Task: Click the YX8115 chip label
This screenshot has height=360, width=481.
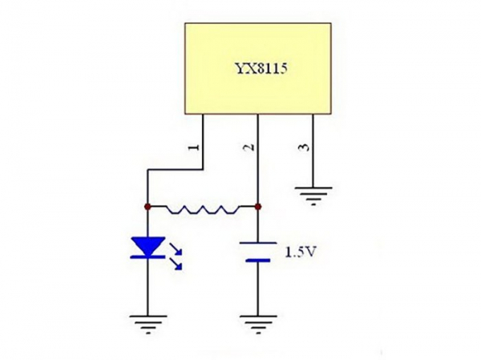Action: click(x=258, y=70)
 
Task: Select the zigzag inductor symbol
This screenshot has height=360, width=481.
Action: click(x=203, y=209)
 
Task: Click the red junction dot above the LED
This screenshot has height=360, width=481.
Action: click(x=148, y=207)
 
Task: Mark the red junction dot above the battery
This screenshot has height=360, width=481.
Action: click(x=258, y=207)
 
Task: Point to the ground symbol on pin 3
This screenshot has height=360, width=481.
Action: click(x=313, y=193)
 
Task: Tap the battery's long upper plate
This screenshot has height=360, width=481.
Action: click(x=258, y=243)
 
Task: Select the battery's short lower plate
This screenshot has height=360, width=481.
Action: click(x=258, y=260)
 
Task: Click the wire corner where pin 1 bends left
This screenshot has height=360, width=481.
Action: click(x=203, y=169)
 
